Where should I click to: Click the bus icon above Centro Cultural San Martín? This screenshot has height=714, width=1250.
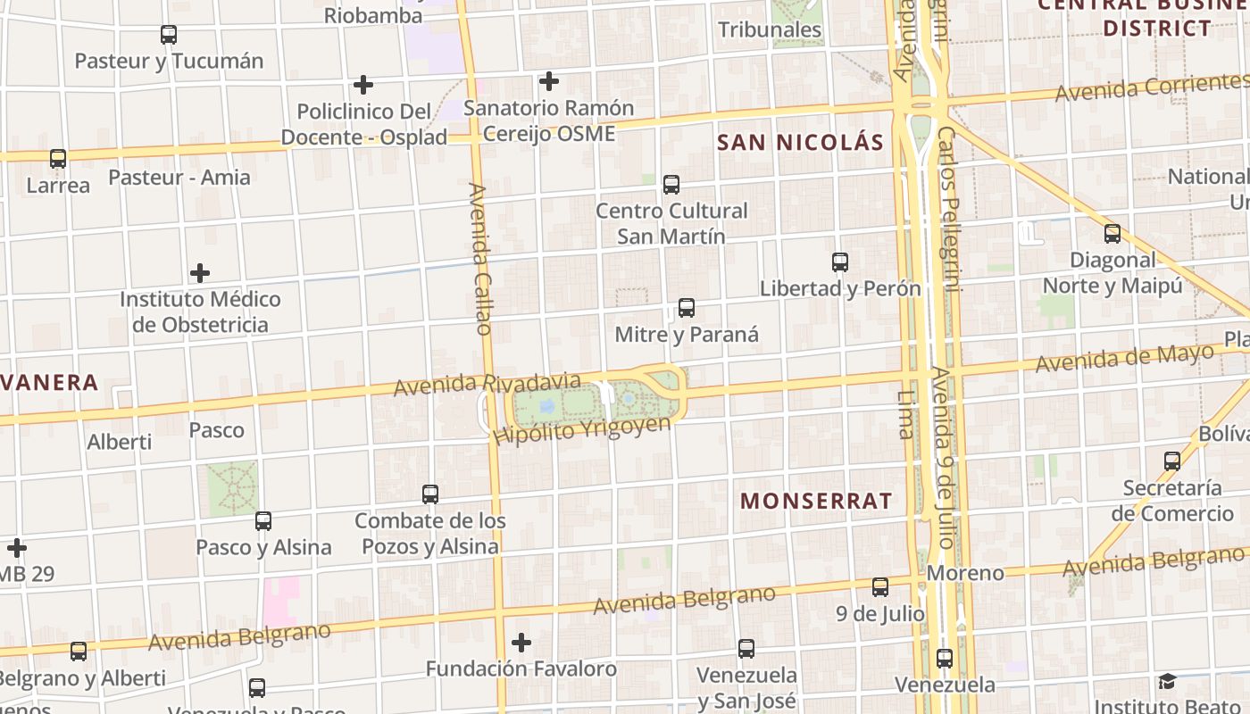tap(671, 185)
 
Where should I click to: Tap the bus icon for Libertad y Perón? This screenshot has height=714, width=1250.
tap(840, 262)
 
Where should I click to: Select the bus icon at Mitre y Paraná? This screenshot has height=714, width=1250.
tap(687, 308)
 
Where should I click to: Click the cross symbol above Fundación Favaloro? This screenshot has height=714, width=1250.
tap(521, 643)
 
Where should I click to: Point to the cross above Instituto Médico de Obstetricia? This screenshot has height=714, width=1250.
tap(201, 273)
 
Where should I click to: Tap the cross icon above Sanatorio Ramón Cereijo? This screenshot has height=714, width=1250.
tap(549, 82)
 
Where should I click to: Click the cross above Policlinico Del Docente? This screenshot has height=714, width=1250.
tap(363, 86)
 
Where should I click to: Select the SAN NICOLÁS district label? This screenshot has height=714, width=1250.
tap(800, 143)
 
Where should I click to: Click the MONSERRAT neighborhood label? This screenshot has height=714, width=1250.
tap(816, 501)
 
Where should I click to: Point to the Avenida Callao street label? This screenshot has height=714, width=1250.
tap(480, 259)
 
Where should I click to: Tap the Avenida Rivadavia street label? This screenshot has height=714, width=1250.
tap(487, 385)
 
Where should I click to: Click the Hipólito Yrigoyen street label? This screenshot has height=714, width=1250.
tap(581, 430)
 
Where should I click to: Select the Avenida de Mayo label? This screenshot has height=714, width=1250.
tap(1125, 359)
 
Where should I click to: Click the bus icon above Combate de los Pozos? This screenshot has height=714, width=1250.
tap(430, 494)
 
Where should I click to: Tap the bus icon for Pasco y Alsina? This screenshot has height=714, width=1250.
tap(263, 521)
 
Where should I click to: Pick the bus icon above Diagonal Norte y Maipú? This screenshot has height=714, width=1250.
tap(1112, 234)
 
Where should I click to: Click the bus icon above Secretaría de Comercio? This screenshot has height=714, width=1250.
tap(1172, 461)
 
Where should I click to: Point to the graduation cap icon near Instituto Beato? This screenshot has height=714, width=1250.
tap(1167, 682)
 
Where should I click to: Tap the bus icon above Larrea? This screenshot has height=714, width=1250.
tap(58, 159)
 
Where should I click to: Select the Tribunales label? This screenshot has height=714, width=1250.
tap(770, 29)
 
